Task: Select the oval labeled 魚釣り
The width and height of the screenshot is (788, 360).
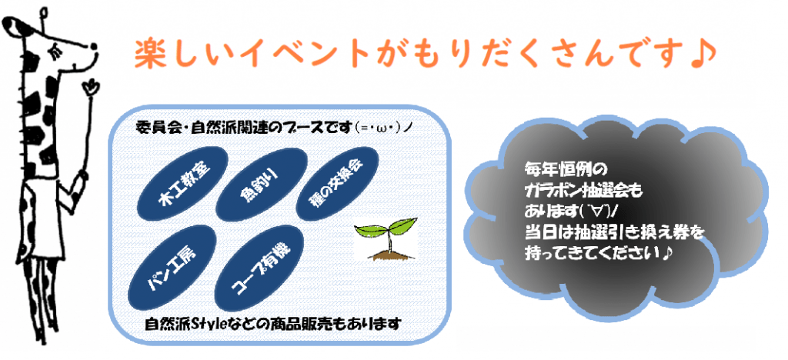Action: (x=265, y=185)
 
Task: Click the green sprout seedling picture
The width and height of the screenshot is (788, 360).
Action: (x=386, y=239)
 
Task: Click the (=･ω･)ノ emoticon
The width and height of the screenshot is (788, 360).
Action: (x=386, y=127)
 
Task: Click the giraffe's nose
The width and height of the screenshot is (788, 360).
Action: (x=94, y=47)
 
